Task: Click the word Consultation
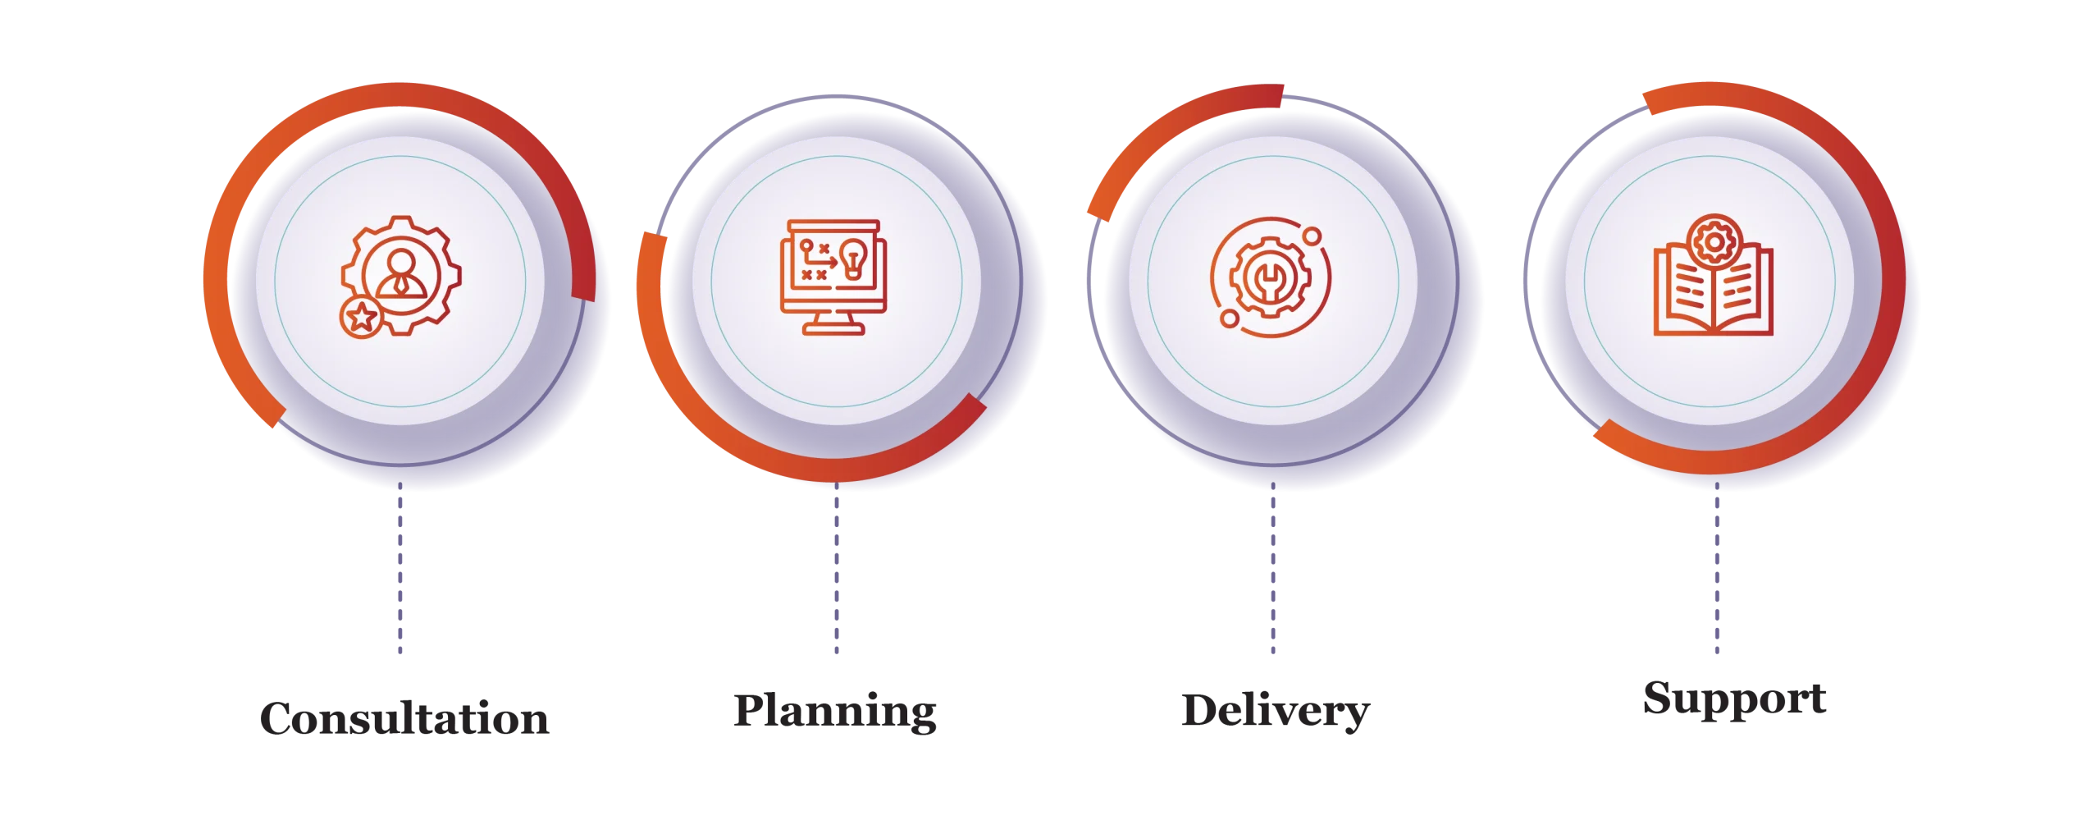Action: coord(404,718)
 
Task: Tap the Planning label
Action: coord(835,712)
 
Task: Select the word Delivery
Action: coord(1276,712)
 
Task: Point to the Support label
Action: coord(1735,699)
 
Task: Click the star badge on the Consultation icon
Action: coord(361,318)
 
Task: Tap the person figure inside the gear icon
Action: coord(401,273)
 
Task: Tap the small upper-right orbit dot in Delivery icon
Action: coord(1312,236)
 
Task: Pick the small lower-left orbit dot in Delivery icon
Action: coord(1229,318)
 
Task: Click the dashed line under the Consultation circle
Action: coord(400,567)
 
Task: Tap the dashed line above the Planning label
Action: coord(837,567)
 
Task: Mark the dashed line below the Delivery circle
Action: coord(1273,567)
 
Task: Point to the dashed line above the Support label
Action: coord(1717,567)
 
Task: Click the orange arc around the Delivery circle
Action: coord(1166,131)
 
